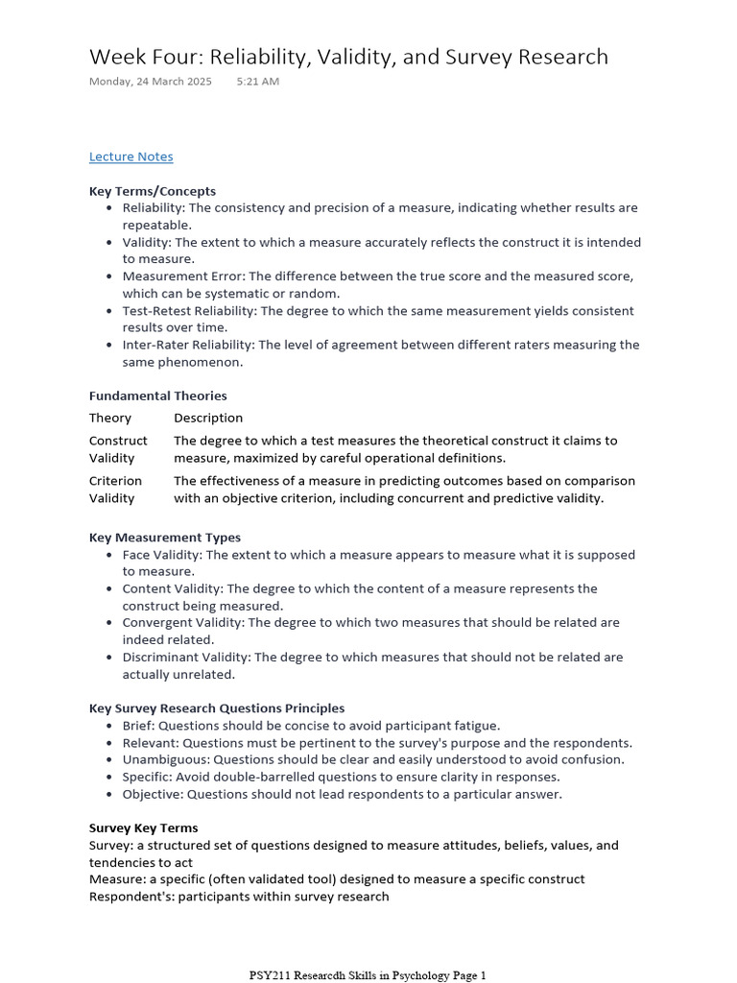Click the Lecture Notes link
[131, 156]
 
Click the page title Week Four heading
[348, 57]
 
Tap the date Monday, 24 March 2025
[151, 82]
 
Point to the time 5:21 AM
[257, 82]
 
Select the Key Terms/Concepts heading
[153, 191]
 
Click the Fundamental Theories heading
[158, 396]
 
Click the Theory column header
[110, 418]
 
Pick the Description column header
[208, 418]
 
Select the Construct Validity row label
[118, 449]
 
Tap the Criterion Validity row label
[115, 490]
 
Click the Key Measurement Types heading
[165, 538]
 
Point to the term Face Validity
[162, 555]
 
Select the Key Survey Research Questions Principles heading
[217, 708]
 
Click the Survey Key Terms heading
[144, 827]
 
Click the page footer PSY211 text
[368, 975]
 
